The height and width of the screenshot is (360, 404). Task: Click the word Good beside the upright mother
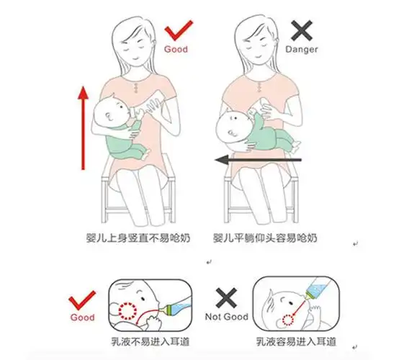coord(176,50)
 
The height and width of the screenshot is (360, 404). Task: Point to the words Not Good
coord(228,317)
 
